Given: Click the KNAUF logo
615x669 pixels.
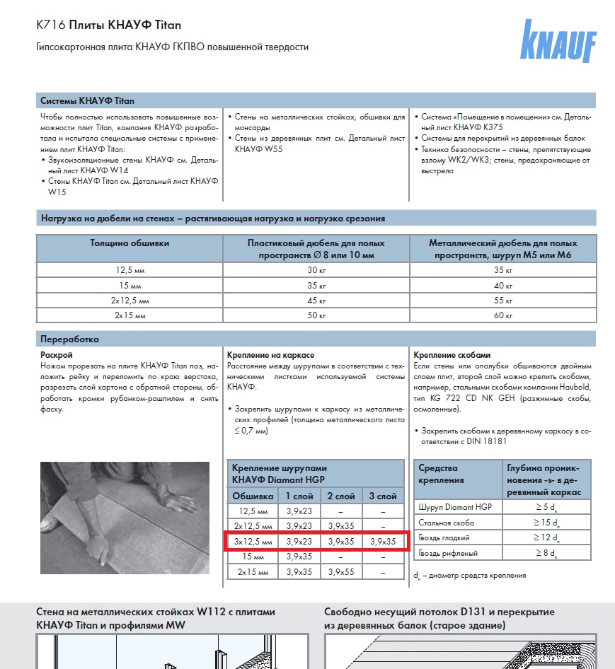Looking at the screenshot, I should point(558,42).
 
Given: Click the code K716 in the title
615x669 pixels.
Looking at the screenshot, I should point(50,25).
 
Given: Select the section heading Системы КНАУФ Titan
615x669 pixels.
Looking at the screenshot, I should point(87,100).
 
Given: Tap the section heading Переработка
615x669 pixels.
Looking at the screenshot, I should point(69,339).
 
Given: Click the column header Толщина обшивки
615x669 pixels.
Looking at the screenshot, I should point(130,243).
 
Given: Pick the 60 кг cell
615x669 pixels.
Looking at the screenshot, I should point(503,315).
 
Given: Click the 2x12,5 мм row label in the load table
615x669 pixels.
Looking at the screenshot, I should point(130,300).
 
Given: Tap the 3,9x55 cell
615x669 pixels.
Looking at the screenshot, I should point(342,571).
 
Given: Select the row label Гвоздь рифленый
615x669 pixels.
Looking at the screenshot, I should point(448,552).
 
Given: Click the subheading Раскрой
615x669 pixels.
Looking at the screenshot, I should point(57,354).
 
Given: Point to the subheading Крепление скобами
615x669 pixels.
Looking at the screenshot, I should point(452,354).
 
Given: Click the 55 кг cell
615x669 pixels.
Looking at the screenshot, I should point(503,300).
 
